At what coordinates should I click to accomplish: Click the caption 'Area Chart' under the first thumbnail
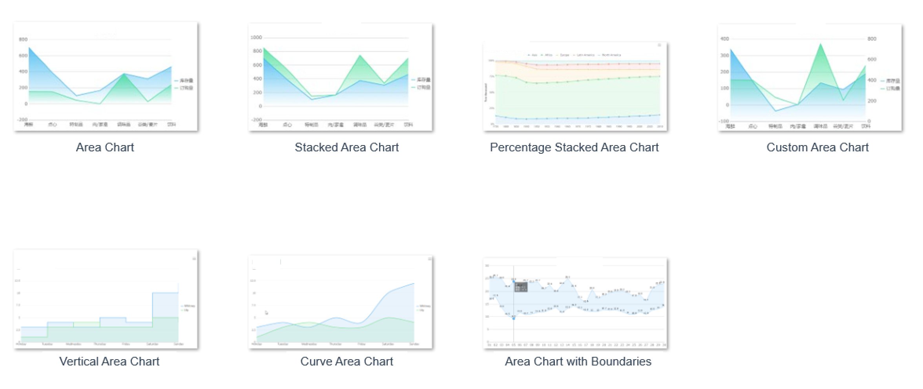105,147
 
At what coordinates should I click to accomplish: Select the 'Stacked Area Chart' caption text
347,147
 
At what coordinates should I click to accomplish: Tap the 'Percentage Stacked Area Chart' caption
574,147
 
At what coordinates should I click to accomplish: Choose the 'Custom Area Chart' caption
817,147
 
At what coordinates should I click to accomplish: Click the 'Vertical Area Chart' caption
109,361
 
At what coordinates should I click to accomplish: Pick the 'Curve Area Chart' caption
347,361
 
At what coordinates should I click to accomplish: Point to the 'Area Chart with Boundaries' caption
578,361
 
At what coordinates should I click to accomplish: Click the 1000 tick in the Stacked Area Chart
256,38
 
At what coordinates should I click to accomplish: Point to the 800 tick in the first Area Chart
23,39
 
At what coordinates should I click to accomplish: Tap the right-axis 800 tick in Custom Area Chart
872,39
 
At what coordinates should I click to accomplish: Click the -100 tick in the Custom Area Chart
724,121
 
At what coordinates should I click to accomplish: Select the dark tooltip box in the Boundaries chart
521,287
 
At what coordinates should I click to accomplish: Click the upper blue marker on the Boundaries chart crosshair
514,281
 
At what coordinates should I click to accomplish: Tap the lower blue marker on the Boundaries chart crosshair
514,318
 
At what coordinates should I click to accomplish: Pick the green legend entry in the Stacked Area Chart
421,87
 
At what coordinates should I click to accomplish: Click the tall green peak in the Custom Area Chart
820,44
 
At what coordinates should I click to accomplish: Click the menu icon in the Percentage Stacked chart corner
659,45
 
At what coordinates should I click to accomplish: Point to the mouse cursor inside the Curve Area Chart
266,313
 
